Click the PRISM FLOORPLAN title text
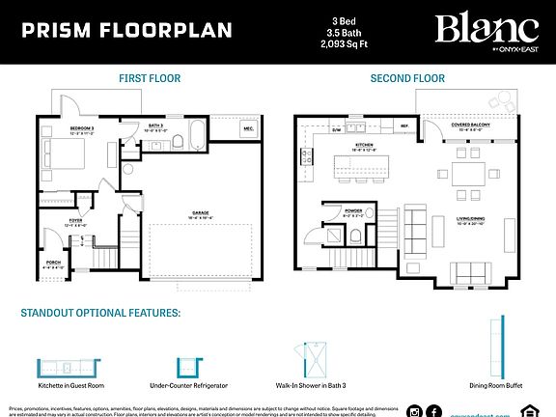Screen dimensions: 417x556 pyautogui.click(x=126, y=30)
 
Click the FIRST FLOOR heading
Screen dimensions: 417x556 pyautogui.click(x=150, y=77)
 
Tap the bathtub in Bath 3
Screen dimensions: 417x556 pyautogui.click(x=194, y=136)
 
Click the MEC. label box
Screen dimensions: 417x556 pyautogui.click(x=248, y=127)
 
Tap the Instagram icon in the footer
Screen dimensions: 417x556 pyautogui.click(x=415, y=409)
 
